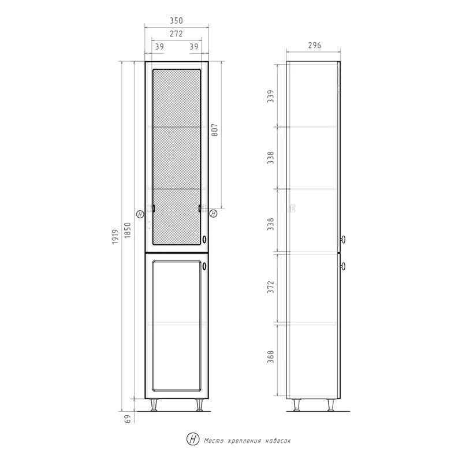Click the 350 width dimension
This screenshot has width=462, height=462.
[x=176, y=21]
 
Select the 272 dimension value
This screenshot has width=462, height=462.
[x=176, y=33]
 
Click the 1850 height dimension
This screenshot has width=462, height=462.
[x=127, y=230]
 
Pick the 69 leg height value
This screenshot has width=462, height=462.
[x=127, y=419]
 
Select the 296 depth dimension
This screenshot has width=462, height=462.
[x=314, y=46]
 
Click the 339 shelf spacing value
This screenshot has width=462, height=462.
[x=270, y=96]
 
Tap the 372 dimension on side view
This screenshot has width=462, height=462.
[x=270, y=286]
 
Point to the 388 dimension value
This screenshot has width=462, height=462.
[x=270, y=356]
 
